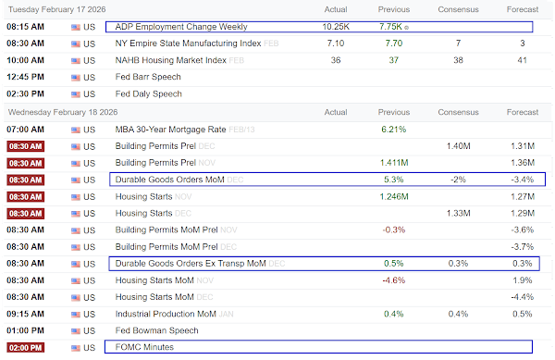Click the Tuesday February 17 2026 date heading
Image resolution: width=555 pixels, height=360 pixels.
pos(57,9)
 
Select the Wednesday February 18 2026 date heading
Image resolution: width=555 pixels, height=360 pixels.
pos(63,112)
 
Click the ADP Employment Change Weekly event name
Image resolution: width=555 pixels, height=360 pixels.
pos(181,27)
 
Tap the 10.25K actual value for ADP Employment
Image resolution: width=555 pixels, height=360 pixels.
pos(336,27)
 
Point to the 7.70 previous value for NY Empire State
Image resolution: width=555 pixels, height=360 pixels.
pos(394,43)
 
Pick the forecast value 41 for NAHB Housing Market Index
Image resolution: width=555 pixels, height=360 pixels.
pos(522,60)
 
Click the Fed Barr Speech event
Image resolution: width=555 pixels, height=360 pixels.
pos(148,77)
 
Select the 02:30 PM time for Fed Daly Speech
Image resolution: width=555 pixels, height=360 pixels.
pos(26,93)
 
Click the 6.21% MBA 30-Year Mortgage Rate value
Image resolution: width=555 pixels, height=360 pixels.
pos(394,130)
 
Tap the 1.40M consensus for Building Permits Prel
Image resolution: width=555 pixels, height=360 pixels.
pos(459,146)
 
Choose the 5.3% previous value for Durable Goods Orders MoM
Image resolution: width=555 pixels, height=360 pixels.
pos(394,180)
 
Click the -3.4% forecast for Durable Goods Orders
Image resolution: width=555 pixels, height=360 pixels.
pos(522,180)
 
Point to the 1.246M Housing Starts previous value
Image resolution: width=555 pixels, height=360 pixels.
pos(394,196)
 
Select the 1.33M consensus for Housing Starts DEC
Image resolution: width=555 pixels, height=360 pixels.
pos(459,213)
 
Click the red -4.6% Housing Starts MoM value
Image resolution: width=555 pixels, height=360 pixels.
pos(394,280)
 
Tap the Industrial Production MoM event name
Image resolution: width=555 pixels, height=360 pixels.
pos(166,314)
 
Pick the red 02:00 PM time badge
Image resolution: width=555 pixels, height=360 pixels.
pos(26,348)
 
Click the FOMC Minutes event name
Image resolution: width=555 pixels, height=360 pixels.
pos(144,347)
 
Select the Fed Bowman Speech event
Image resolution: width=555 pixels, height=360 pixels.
pos(157,330)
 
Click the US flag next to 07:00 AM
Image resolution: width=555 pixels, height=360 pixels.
pos(76,130)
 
